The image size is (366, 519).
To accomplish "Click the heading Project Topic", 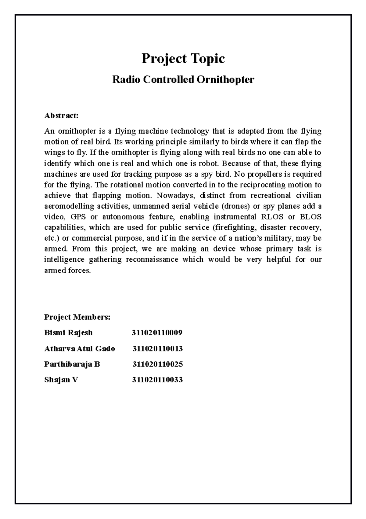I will [183, 59].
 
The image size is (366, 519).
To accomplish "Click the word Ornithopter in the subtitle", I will [225, 80].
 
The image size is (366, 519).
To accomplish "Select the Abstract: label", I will [61, 116].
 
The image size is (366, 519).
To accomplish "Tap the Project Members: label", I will [77, 317].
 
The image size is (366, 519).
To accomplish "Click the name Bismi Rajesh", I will [68, 333].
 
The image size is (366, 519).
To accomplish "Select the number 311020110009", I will [157, 333].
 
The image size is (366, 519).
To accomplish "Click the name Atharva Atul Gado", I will [79, 348].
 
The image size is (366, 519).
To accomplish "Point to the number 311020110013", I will [157, 348].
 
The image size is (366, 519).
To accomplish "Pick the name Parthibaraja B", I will [72, 364].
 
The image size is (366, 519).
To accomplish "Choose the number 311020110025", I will [157, 364].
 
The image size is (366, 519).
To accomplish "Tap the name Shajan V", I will [61, 380].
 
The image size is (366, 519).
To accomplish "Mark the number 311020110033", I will [157, 380].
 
